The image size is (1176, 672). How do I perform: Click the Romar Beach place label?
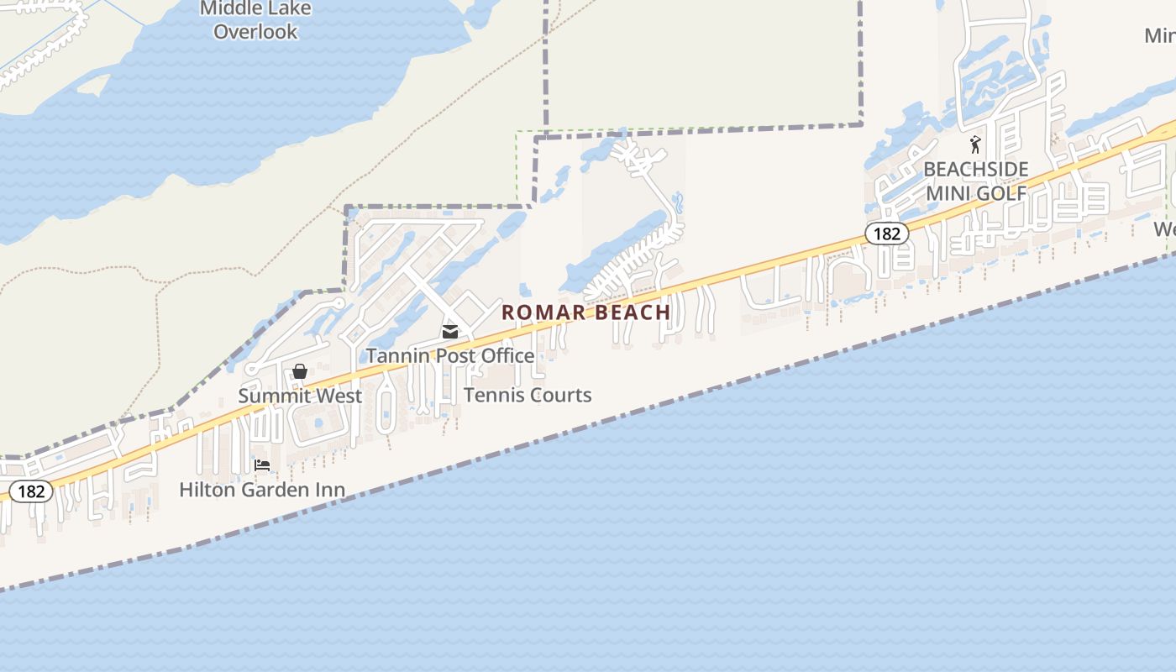point(585,312)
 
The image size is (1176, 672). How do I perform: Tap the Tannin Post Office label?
point(449,355)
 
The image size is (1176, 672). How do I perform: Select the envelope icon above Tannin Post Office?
point(450,332)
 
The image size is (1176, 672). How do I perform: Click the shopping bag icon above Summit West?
point(299,371)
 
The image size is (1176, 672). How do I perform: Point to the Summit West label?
point(300,396)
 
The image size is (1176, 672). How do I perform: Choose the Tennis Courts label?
point(528,395)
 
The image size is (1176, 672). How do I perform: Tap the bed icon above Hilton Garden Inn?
point(262,465)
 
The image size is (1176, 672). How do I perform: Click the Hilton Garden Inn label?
point(262,489)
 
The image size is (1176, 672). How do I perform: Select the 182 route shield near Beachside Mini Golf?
point(886,234)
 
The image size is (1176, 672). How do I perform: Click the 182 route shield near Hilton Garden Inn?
point(31,491)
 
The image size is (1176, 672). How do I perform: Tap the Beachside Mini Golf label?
point(976,181)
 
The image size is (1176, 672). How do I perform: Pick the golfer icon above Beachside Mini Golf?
point(975,144)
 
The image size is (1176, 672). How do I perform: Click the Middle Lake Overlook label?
point(255,20)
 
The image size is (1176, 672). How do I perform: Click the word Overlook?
point(255,32)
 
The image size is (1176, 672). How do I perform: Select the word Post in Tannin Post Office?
point(450,355)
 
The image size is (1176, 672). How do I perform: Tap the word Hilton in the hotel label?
point(206,489)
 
